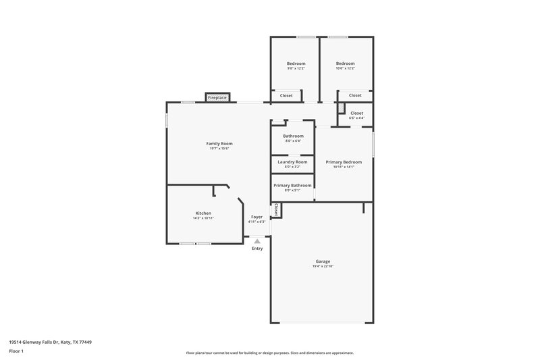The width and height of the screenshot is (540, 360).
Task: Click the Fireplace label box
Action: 217,98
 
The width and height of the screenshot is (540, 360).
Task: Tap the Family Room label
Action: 219,143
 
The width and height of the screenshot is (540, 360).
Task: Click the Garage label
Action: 323,261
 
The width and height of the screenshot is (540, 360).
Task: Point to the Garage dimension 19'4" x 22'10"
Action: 323,267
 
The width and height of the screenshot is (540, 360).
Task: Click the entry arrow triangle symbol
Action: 257,241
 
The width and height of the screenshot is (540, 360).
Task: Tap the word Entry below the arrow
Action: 257,249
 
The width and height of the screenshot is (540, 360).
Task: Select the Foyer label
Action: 256,217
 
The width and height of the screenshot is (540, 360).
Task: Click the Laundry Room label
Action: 292,162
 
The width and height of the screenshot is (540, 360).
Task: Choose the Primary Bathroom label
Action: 292,185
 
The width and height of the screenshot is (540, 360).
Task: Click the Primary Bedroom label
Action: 344,162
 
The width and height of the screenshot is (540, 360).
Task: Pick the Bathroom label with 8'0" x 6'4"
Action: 293,136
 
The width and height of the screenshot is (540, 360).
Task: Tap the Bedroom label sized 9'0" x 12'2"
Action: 296,63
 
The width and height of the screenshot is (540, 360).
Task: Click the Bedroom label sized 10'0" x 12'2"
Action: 345,63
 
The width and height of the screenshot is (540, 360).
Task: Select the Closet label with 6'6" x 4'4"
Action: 356,113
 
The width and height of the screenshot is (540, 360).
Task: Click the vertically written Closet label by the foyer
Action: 276,209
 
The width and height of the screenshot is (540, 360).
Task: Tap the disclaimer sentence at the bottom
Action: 269,353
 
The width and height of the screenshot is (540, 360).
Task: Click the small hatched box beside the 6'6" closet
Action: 342,109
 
